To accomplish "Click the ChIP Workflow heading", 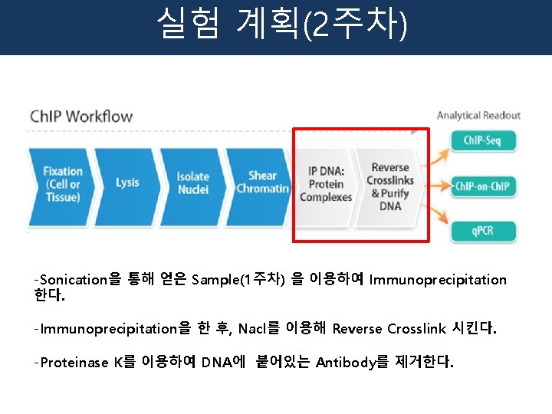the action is tap(81, 117).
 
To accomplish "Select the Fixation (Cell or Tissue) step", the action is tap(62, 184).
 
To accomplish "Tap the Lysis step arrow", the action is tap(127, 182).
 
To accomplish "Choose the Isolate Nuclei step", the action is tap(192, 182).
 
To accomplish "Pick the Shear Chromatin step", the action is tap(262, 182).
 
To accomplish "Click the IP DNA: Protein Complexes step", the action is tap(326, 184).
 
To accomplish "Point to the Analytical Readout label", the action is tap(478, 116).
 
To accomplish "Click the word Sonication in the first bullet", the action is tap(73, 280).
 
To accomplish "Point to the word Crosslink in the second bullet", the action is tap(416, 329).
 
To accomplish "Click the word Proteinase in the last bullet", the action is tap(74, 363).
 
